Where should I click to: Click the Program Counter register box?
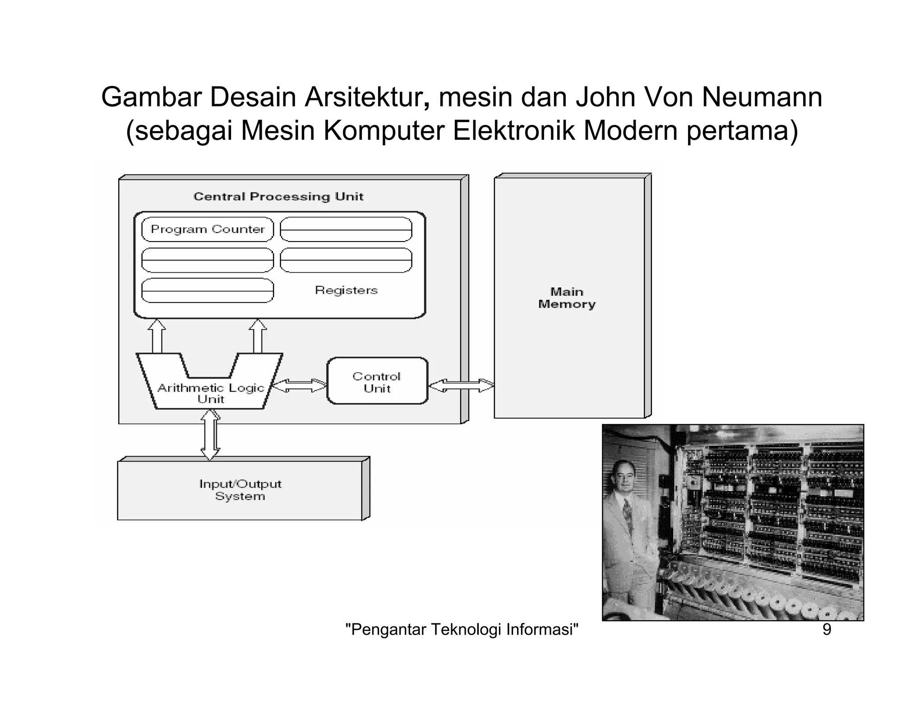pos(208,229)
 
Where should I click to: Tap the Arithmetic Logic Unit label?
pos(210,393)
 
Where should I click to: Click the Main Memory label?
pos(567,298)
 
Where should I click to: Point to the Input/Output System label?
pos(240,490)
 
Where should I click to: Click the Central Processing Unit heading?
pos(278,197)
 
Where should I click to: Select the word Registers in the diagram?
pos(346,290)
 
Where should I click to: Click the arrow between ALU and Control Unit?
pos(299,386)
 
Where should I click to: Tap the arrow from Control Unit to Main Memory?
pos(461,386)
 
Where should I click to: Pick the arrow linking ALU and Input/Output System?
pos(210,434)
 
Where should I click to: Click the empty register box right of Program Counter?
pos(346,229)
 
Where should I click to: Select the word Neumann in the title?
pos(762,97)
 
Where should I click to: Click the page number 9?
pos(827,629)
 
